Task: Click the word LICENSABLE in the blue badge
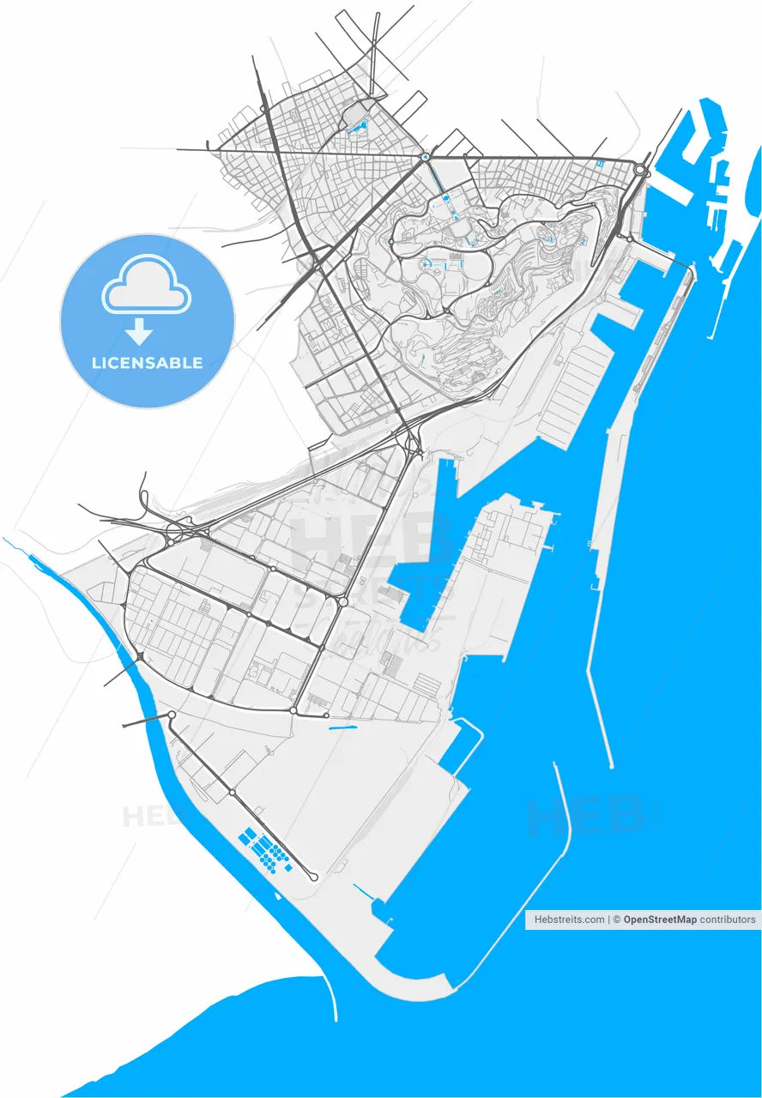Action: tap(148, 363)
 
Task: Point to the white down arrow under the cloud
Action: tap(139, 330)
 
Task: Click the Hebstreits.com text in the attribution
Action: tap(569, 920)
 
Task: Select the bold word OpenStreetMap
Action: tap(660, 920)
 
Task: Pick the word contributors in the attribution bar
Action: tap(728, 920)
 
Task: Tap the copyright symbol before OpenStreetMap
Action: tap(617, 920)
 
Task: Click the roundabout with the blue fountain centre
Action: tap(425, 157)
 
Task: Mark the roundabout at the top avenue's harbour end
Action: tap(641, 171)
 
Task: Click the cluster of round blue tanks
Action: tap(273, 854)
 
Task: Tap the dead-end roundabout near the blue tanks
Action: tap(313, 877)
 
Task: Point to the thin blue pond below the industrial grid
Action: tap(342, 728)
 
